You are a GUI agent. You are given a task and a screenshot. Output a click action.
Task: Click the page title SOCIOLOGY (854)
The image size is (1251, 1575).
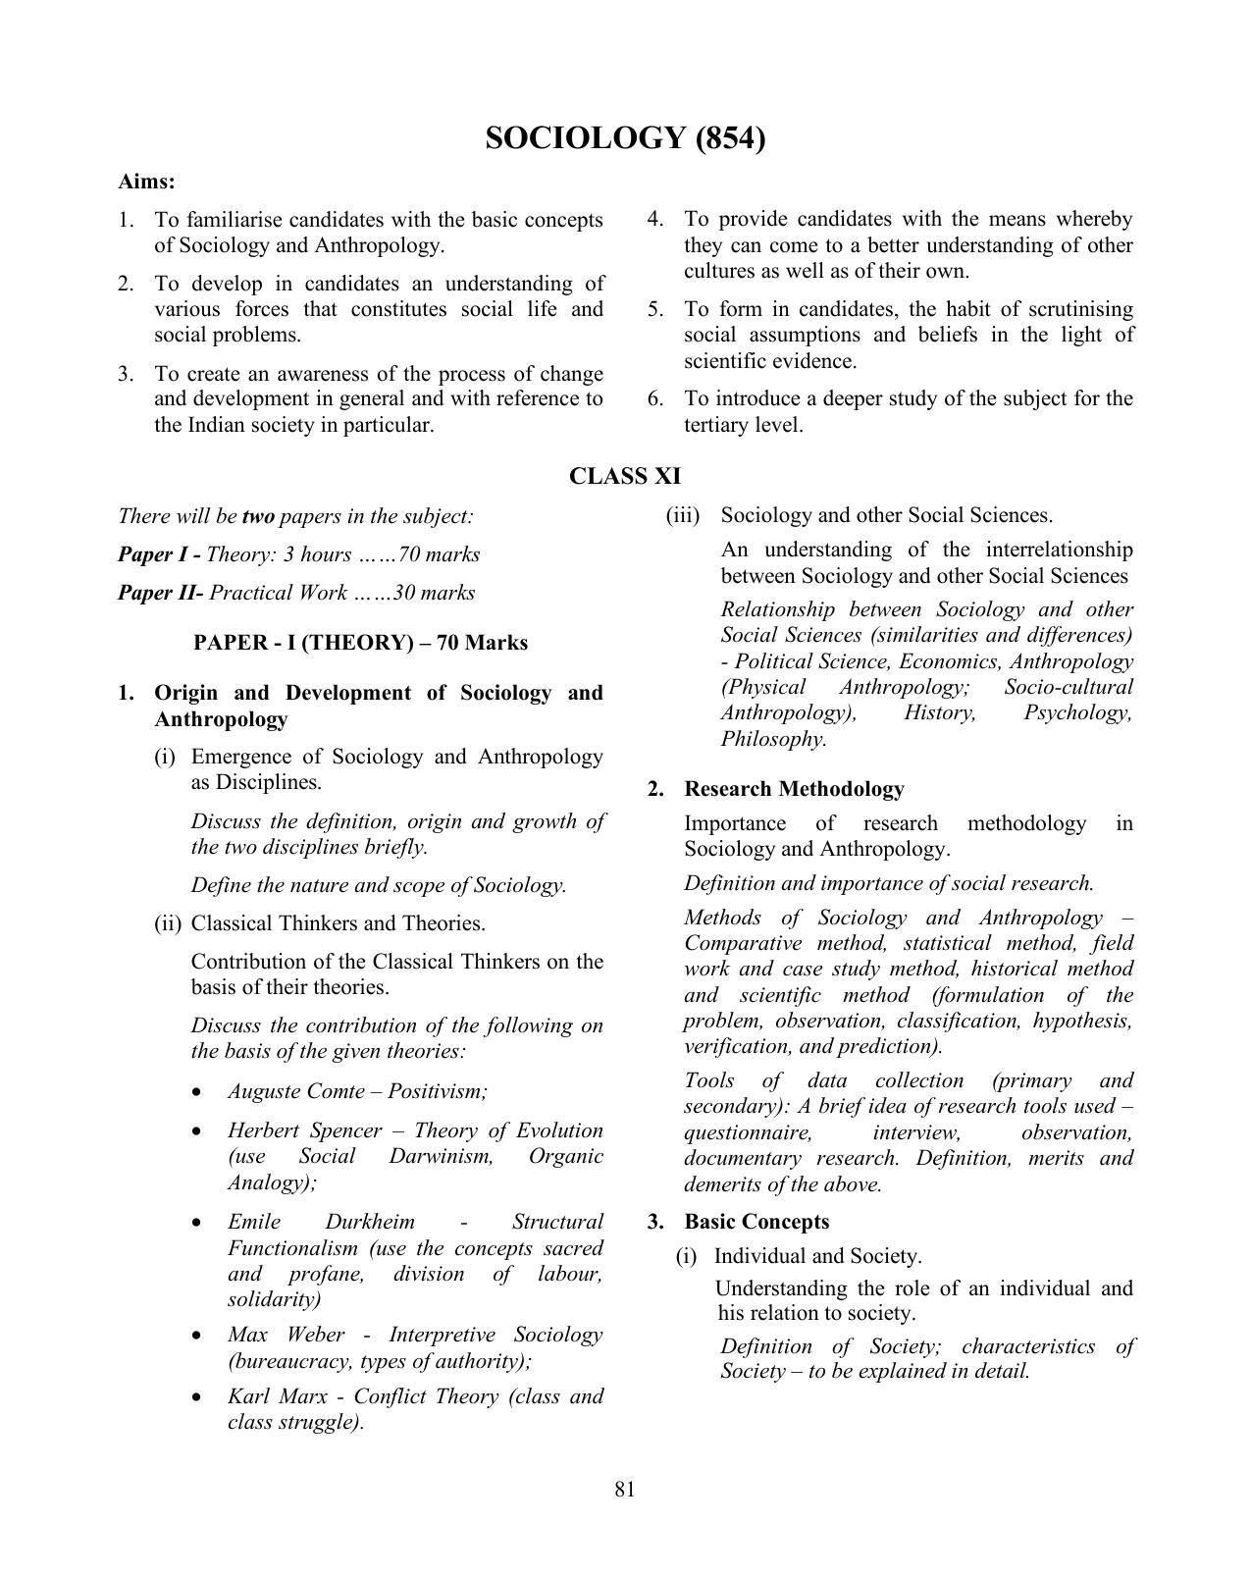tap(625, 138)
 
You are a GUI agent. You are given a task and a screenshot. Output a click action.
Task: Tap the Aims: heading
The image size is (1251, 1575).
tap(147, 182)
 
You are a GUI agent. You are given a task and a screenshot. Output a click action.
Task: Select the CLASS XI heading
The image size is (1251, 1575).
tap(625, 477)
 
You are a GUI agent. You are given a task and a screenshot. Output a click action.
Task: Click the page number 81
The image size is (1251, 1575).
tap(625, 1489)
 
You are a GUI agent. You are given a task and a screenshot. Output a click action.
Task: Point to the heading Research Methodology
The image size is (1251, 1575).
tap(794, 789)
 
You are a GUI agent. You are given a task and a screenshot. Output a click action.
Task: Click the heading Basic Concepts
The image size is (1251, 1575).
tap(756, 1222)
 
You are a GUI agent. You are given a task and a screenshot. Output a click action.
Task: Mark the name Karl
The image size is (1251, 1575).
tap(248, 1396)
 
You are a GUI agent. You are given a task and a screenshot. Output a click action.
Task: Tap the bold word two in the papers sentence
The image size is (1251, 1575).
tap(258, 516)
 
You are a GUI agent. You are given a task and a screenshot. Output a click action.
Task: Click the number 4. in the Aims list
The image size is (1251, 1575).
tap(655, 219)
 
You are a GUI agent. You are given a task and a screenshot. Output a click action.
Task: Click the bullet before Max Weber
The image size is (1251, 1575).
tap(200, 1337)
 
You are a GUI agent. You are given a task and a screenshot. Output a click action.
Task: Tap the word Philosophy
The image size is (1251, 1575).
tap(773, 739)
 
